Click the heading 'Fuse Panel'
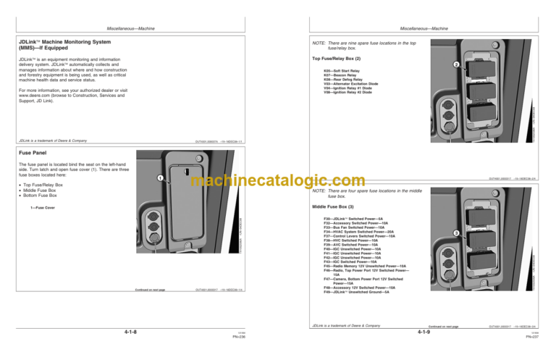33,154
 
